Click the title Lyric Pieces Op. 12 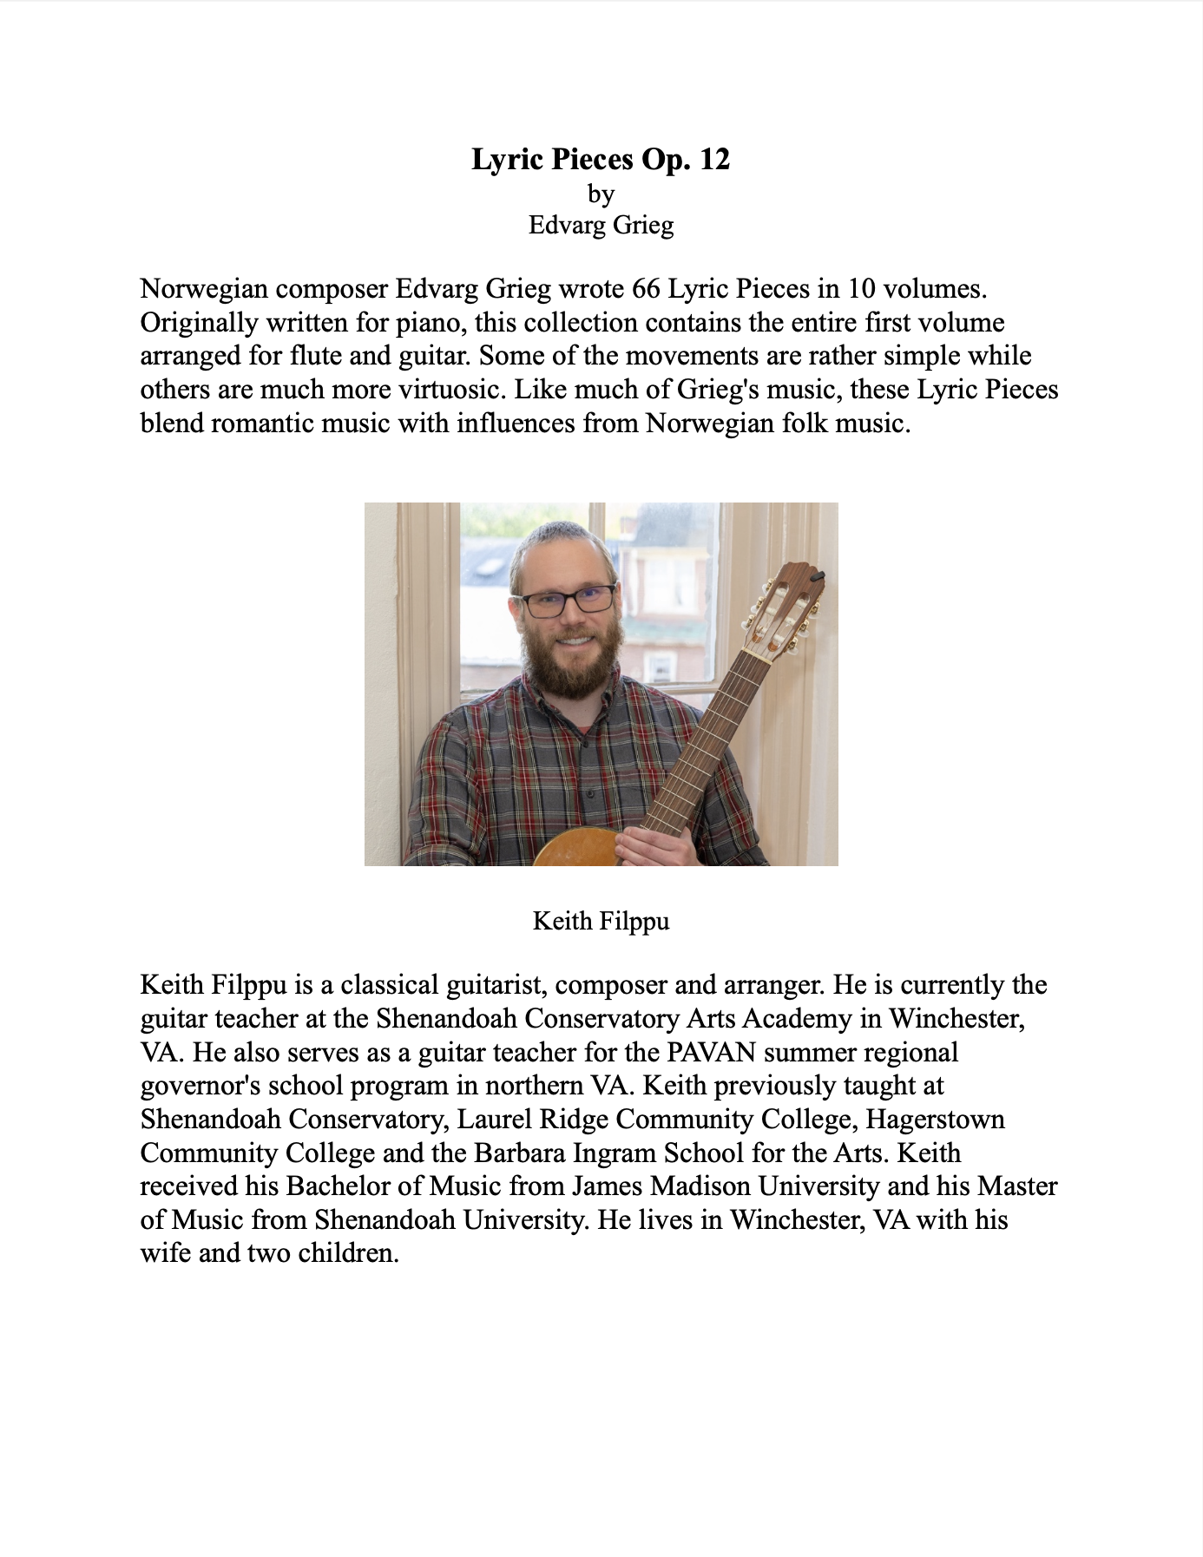[601, 160]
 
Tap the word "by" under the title [601, 194]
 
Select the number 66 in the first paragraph [646, 288]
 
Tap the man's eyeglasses [567, 600]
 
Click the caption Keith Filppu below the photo [601, 921]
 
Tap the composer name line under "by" [601, 226]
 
